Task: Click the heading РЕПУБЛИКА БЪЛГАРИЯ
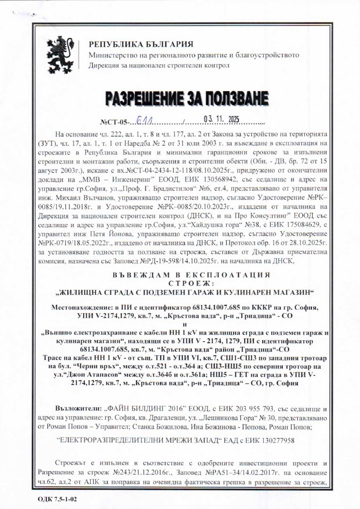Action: [141, 45]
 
